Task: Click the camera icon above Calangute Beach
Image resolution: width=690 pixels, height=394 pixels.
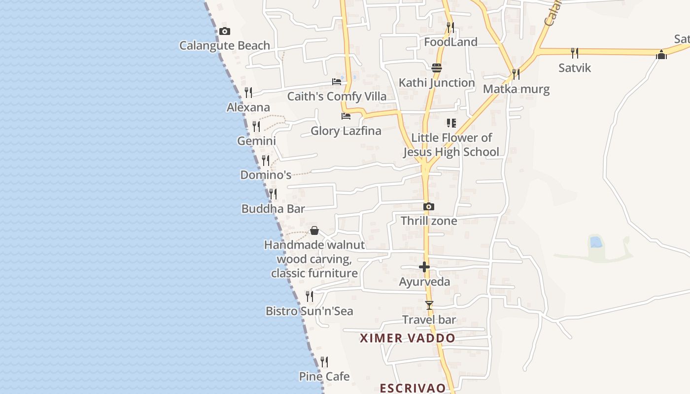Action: point(225,32)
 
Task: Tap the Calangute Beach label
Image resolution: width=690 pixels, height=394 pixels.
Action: point(225,46)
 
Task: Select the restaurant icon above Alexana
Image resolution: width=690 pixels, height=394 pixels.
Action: point(248,93)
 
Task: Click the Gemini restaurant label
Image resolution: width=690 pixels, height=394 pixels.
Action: point(256,141)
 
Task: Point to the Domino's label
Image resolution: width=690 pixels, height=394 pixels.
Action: point(266,175)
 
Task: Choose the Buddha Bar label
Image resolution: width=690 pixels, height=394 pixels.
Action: point(273,209)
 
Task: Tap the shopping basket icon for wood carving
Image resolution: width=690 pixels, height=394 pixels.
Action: point(314,230)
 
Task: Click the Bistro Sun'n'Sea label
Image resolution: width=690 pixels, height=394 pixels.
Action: point(310,311)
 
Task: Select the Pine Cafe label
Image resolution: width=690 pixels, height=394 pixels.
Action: point(324,377)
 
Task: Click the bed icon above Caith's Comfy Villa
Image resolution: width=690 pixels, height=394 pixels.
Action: point(337,82)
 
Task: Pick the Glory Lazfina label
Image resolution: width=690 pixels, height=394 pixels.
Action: point(346,131)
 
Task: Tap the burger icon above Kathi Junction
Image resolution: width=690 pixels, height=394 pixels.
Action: point(437,68)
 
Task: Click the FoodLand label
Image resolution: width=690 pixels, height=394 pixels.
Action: point(450,42)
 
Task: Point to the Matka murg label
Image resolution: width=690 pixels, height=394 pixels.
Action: point(516,89)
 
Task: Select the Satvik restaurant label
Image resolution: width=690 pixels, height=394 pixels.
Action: point(575,68)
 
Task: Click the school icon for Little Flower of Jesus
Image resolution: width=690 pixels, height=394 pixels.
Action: point(451,123)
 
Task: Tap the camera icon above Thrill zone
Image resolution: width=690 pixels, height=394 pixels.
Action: point(429,207)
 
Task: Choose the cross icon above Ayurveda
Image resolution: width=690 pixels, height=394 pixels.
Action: point(424,267)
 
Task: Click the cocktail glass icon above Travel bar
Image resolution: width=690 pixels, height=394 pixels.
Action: point(429,305)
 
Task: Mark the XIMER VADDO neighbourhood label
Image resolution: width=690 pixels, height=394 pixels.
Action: point(408,338)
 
